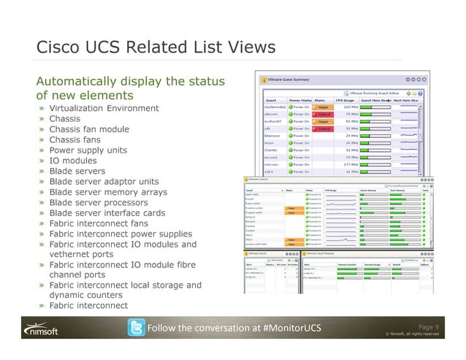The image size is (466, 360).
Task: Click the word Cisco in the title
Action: (x=59, y=48)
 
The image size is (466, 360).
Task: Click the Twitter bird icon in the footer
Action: (x=135, y=329)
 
